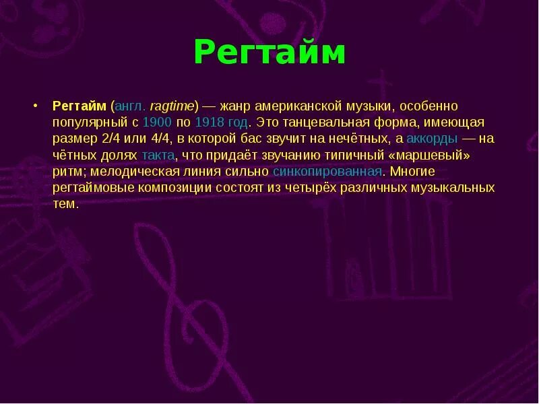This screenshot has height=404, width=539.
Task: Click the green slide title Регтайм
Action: point(269,53)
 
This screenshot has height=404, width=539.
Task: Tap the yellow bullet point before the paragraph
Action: point(34,106)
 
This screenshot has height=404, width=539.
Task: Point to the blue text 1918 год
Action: point(221,123)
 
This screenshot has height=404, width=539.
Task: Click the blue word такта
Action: point(158,155)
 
